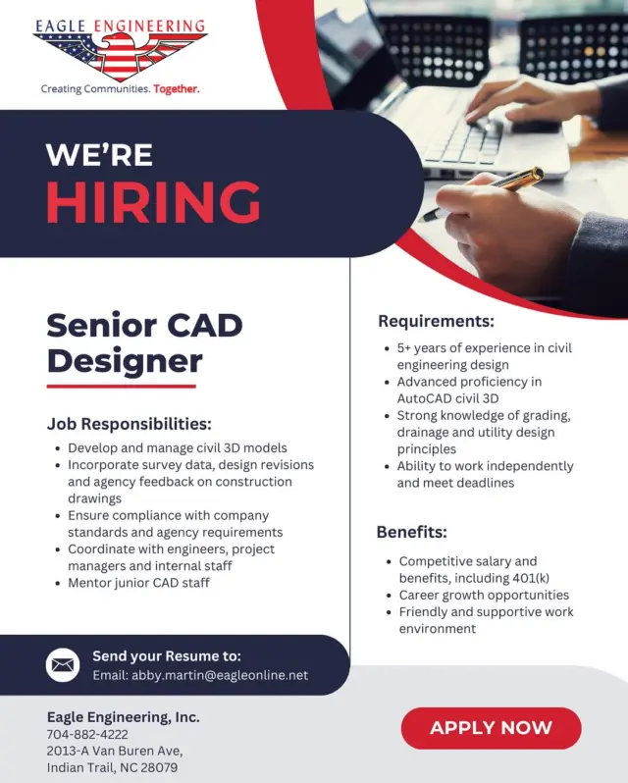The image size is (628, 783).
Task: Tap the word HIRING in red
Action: click(x=153, y=202)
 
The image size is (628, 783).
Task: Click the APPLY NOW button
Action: click(x=491, y=728)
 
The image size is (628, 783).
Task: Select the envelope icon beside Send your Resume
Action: click(x=63, y=665)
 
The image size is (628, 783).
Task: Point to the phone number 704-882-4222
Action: click(x=87, y=734)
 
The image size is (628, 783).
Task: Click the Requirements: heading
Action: click(x=436, y=321)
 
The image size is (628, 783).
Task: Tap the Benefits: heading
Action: click(x=411, y=533)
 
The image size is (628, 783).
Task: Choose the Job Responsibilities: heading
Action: click(x=129, y=424)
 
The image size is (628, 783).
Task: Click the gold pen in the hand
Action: click(x=500, y=186)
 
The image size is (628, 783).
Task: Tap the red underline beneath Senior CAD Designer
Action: click(x=121, y=387)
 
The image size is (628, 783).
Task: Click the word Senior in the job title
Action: click(x=97, y=325)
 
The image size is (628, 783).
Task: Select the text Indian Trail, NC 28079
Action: click(x=112, y=767)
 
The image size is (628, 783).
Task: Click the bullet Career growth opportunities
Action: click(x=484, y=595)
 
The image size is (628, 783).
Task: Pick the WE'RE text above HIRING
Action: click(x=99, y=154)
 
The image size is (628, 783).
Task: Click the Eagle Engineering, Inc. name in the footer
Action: click(x=123, y=717)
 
